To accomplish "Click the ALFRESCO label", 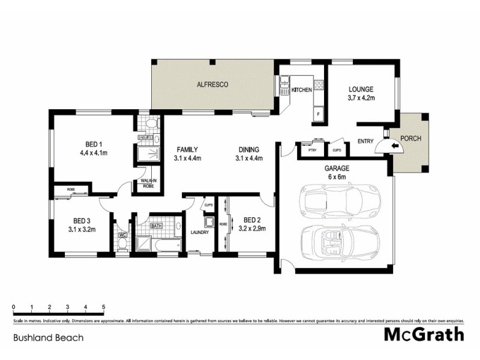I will click(x=213, y=85).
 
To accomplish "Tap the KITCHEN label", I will click(x=301, y=90).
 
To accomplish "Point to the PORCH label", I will click(x=411, y=138).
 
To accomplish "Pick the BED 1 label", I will click(x=94, y=144).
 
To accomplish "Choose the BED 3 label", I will click(x=81, y=220).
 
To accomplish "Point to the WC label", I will click(x=122, y=235).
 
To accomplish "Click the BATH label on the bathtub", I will click(x=157, y=226).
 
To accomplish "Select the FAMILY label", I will click(x=187, y=149).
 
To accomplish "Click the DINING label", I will click(x=248, y=149).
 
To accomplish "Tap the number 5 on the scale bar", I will click(x=104, y=307).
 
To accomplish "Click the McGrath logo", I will click(x=424, y=334).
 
